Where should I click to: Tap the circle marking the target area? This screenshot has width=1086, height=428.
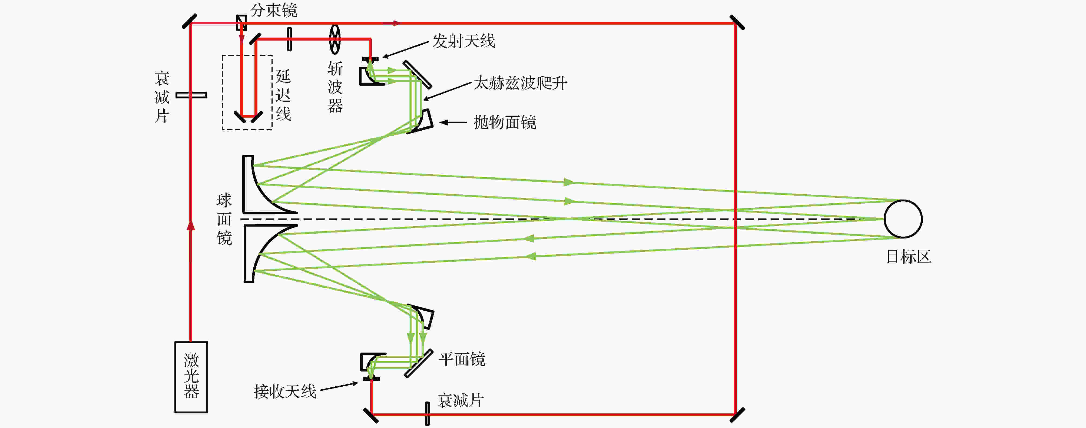coord(903,219)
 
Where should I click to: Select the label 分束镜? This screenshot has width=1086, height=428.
coord(274,10)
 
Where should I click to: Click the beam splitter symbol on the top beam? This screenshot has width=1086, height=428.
coord(241,23)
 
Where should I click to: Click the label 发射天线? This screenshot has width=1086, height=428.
coord(464,41)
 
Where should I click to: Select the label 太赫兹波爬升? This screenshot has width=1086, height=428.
coord(520,83)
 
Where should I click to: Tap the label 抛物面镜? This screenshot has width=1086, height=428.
coord(505,122)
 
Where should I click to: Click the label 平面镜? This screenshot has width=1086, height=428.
coord(462,359)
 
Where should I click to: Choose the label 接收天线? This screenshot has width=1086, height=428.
coord(285,391)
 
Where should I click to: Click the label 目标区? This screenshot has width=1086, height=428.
coord(909,256)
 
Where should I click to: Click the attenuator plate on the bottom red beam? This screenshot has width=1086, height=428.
coord(427,414)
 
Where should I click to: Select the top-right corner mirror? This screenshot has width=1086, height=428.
coord(737,22)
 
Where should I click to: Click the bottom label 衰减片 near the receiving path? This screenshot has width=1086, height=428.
coord(460,400)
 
